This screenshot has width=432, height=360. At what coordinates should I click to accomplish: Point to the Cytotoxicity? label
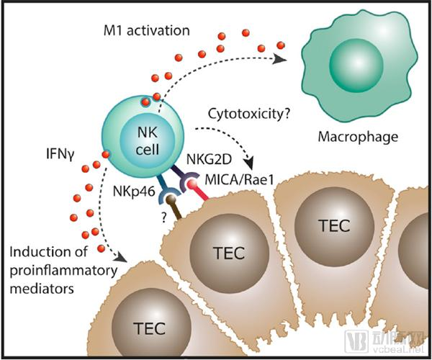pyautogui.click(x=244, y=113)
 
